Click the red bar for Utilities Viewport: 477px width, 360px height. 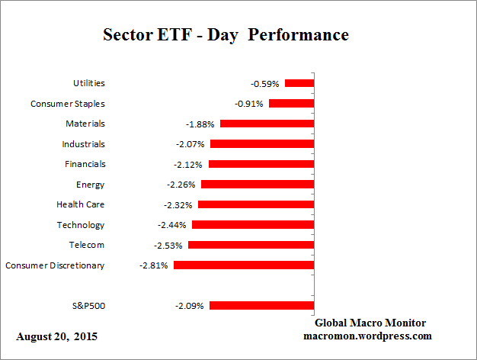pyautogui.click(x=299, y=83)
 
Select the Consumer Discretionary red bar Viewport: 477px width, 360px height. pyautogui.click(x=244, y=265)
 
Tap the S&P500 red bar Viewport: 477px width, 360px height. pyautogui.click(x=261, y=306)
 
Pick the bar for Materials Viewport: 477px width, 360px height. pyautogui.click(x=266, y=124)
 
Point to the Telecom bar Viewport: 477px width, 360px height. pyautogui.click(x=251, y=245)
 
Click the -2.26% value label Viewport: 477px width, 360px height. pyautogui.click(x=181, y=185)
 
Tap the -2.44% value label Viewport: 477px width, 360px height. pyautogui.click(x=173, y=225)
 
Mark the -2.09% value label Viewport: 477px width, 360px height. pyautogui.click(x=190, y=306)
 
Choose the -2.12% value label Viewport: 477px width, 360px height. pyautogui.click(x=189, y=164)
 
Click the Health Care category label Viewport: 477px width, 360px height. pyautogui.click(x=81, y=204)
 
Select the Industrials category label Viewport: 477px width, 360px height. pyautogui.click(x=83, y=144)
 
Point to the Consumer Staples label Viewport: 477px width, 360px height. pyautogui.click(x=68, y=104)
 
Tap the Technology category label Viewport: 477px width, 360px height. pyautogui.click(x=81, y=225)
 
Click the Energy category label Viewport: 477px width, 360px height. pyautogui.click(x=90, y=185)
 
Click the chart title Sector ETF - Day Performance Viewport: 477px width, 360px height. pyautogui.click(x=226, y=36)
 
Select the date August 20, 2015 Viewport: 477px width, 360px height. pyautogui.click(x=57, y=336)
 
